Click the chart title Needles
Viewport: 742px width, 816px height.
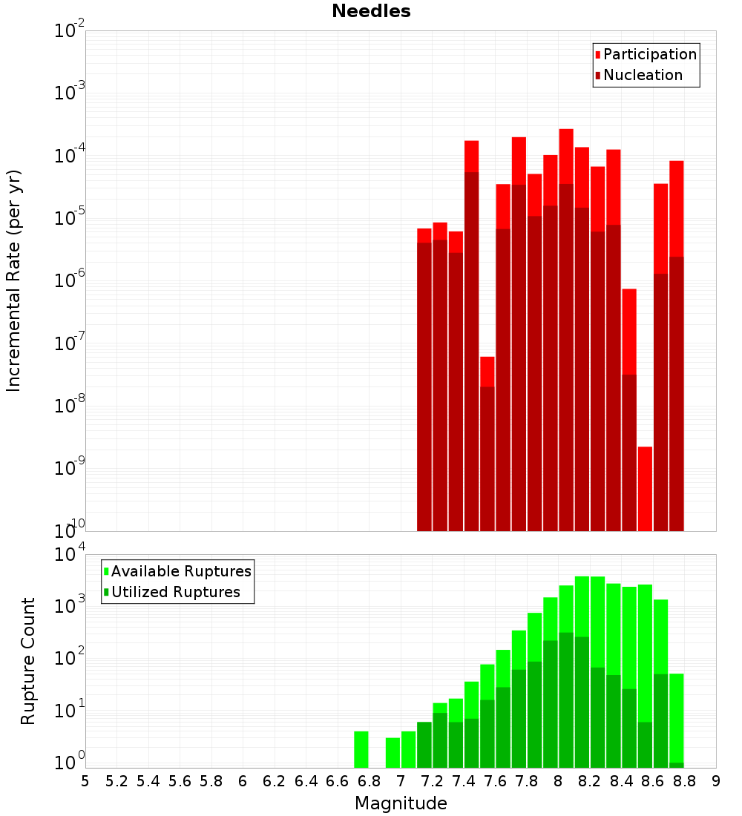[x=371, y=11]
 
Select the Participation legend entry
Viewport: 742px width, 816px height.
[x=650, y=54]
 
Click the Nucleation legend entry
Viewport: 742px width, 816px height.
[x=643, y=75]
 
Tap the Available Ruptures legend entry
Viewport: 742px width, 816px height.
[x=181, y=571]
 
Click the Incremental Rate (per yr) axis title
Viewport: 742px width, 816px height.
[x=14, y=280]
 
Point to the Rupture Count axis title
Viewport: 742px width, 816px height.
[x=28, y=661]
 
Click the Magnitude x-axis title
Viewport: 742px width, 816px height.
[x=401, y=803]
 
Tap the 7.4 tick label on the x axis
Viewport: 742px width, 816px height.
[x=464, y=781]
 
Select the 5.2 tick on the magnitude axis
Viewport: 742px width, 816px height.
[x=117, y=781]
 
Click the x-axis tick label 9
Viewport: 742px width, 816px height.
[x=716, y=781]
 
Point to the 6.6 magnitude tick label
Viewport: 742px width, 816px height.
[x=338, y=781]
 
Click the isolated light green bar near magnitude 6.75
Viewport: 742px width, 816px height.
[x=361, y=749]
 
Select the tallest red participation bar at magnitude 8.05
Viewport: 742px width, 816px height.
[x=566, y=156]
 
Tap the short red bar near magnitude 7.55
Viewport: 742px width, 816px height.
[x=487, y=371]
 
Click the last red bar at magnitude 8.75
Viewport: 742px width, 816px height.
[x=676, y=208]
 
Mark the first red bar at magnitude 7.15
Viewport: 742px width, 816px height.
[x=424, y=235]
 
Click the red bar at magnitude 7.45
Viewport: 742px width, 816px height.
[x=471, y=156]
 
